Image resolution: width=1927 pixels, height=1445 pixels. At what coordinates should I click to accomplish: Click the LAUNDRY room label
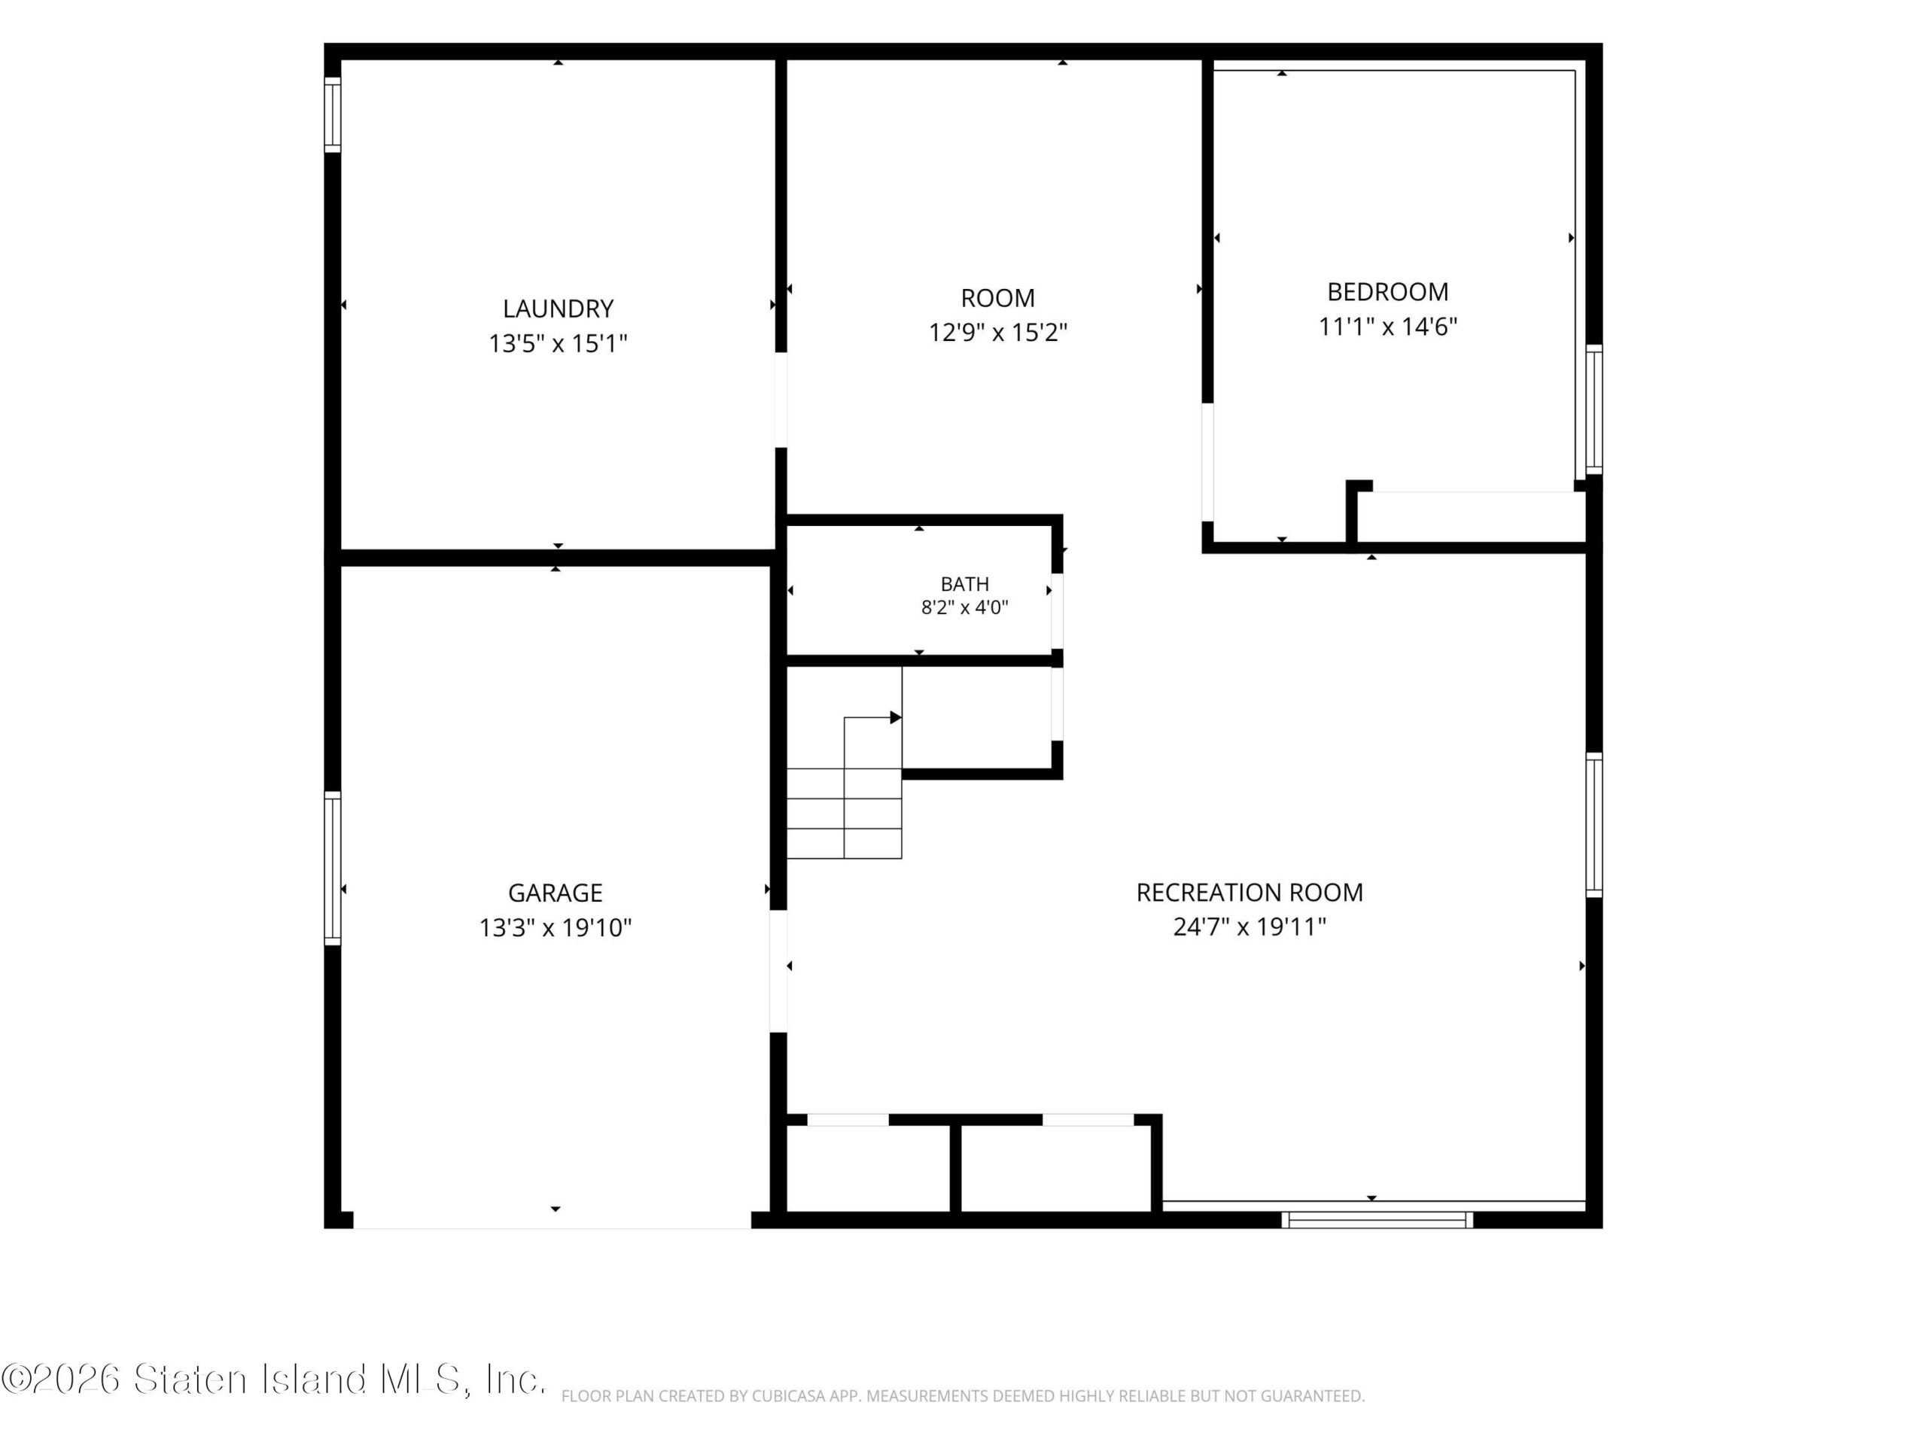(x=558, y=309)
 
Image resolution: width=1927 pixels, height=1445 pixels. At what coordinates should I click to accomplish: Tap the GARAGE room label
(x=555, y=893)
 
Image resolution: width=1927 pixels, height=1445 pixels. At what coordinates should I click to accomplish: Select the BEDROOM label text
(x=1388, y=292)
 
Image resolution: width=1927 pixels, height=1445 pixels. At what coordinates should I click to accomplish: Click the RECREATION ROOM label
(x=1250, y=892)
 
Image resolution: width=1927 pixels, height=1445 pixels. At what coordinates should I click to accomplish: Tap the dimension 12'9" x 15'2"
(x=997, y=332)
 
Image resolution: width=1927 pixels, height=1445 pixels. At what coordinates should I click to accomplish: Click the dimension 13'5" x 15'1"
(x=558, y=343)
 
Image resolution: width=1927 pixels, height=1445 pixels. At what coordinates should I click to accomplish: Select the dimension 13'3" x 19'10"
(x=555, y=928)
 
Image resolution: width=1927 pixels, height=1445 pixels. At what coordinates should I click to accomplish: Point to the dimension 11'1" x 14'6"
(x=1388, y=327)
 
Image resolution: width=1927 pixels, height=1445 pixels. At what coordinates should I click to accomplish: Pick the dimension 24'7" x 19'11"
(x=1250, y=926)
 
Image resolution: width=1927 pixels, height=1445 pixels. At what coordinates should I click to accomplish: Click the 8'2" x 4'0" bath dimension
(x=964, y=608)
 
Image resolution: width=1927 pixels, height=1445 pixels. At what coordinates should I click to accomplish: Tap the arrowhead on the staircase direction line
(x=896, y=718)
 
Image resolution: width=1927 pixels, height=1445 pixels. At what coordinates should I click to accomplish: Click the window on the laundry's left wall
(x=332, y=115)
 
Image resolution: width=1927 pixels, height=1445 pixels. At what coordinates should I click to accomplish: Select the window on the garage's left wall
(x=332, y=869)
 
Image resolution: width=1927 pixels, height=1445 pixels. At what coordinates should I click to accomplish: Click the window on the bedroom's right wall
(x=1594, y=409)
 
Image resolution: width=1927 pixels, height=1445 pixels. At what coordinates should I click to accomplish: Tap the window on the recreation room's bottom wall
(x=1378, y=1220)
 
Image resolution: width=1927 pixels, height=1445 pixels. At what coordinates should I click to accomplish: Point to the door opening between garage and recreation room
(x=778, y=971)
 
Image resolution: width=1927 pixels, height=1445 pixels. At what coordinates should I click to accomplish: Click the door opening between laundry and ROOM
(x=781, y=400)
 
